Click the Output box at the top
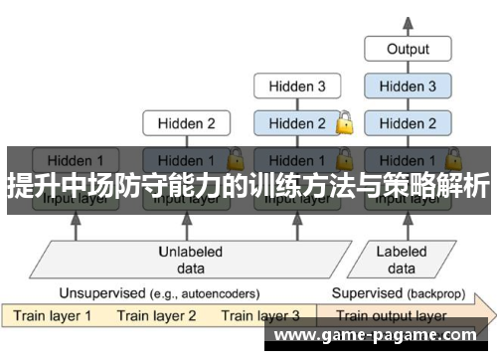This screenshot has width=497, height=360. tap(408, 48)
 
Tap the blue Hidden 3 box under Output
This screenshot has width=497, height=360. tap(408, 87)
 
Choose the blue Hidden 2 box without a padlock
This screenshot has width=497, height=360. tap(408, 124)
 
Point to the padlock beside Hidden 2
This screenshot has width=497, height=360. tap(345, 124)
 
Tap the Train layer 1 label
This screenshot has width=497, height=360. tap(52, 316)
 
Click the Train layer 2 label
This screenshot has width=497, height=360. tap(157, 316)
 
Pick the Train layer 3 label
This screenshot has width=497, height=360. tap(260, 316)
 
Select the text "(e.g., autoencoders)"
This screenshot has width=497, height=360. tap(203, 293)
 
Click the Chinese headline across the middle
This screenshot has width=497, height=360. tap(248, 185)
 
